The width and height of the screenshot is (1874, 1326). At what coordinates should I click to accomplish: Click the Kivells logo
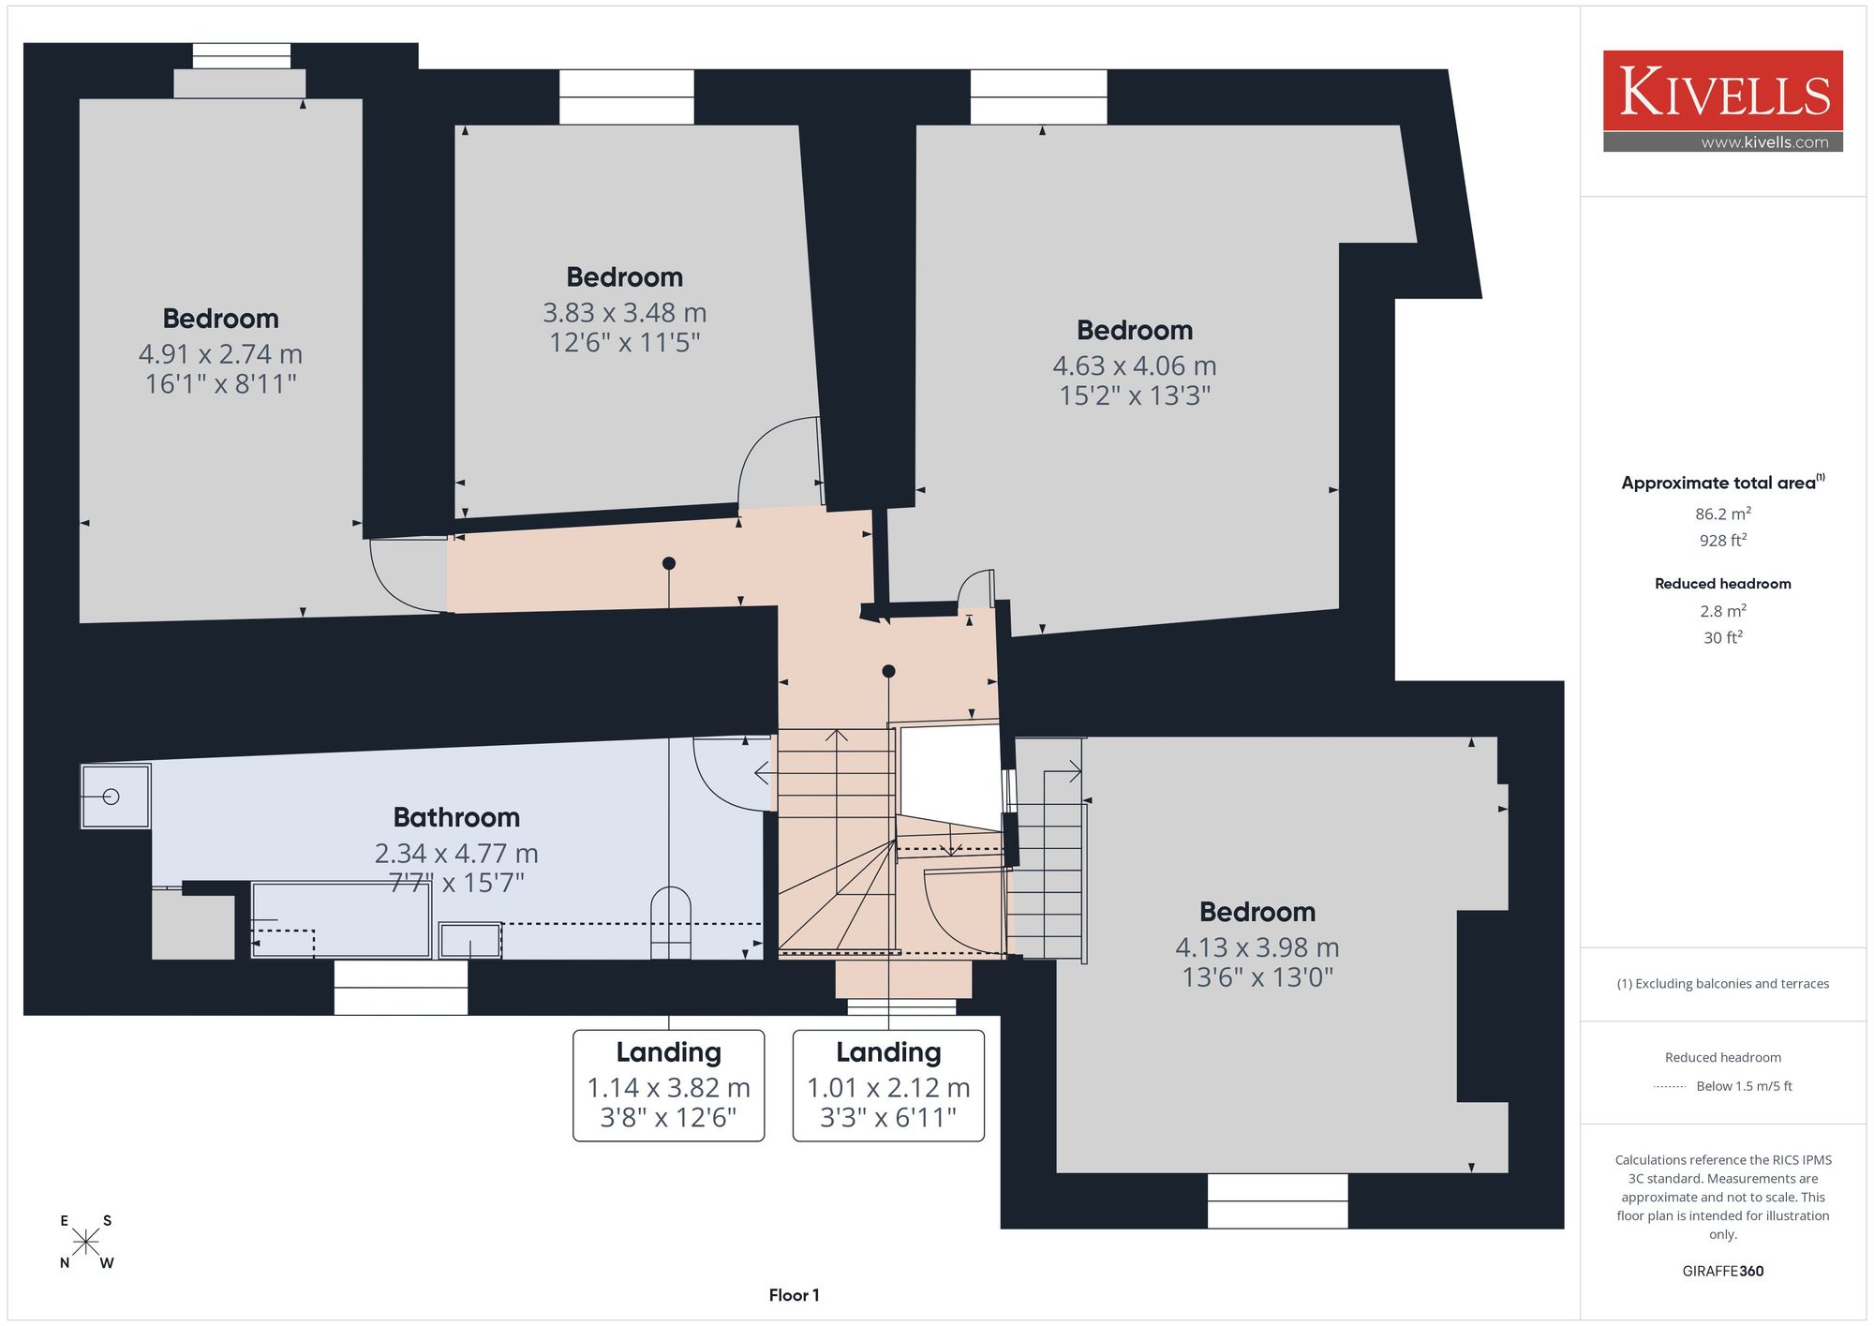[x=1722, y=100]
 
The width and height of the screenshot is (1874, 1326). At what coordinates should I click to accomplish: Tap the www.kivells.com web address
[x=1764, y=142]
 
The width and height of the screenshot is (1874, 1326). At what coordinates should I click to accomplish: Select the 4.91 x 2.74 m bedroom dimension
[x=220, y=354]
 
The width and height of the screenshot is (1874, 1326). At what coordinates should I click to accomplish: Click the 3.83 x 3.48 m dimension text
[x=625, y=312]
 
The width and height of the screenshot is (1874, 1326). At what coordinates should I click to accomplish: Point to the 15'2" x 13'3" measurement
[x=1135, y=395]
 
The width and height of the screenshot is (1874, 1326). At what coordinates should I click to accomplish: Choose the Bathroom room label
[x=456, y=817]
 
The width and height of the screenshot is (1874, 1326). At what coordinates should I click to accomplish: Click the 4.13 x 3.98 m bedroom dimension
[x=1257, y=947]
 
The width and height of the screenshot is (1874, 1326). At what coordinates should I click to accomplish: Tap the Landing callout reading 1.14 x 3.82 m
[x=669, y=1085]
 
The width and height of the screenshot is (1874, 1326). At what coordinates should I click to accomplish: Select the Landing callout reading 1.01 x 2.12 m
[x=888, y=1085]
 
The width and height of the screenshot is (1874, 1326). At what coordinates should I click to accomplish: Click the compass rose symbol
[x=85, y=1243]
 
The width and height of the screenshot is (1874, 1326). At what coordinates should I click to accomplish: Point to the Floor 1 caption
[x=794, y=1295]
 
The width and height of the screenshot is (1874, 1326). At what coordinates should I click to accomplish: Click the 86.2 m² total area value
[x=1723, y=514]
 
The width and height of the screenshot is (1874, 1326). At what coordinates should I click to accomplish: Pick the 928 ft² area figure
[x=1723, y=540]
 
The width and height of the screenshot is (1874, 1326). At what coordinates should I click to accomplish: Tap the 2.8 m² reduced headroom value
[x=1723, y=611]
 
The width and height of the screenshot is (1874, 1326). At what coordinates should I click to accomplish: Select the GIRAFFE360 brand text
[x=1723, y=1271]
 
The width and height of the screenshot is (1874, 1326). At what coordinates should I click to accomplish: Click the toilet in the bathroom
[x=671, y=923]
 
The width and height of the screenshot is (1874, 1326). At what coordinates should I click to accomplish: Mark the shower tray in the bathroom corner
[x=115, y=797]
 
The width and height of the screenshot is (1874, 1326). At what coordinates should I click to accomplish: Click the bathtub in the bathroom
[x=341, y=919]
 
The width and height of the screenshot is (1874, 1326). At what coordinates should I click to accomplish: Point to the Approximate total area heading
[x=1723, y=483]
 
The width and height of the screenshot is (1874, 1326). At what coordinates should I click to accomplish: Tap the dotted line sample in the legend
[x=1670, y=1087]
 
